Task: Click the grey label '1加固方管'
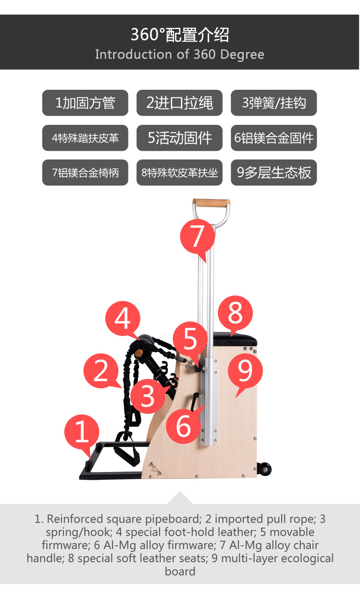coord(85,103)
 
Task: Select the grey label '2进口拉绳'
coord(180,103)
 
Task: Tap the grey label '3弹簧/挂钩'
coord(273,103)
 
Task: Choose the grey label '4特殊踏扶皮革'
coord(85,138)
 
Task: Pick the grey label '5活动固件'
coord(180,138)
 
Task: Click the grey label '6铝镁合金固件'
coord(273,138)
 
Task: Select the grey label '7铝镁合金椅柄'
coord(85,173)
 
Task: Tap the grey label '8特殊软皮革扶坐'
coord(180,173)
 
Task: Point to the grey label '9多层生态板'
coord(273,173)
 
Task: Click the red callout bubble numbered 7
coord(197,236)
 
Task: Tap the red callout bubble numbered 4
coord(122,318)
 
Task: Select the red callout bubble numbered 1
coord(82,431)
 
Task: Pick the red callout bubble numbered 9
coord(245,370)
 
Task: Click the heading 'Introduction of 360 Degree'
coord(180,55)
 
